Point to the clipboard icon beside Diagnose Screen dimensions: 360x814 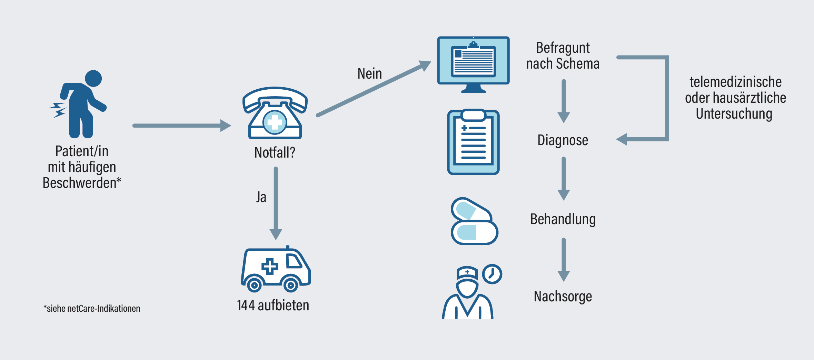tap(473, 142)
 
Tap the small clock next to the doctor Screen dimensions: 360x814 tap(492, 274)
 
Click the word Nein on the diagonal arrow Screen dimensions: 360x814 tap(370, 73)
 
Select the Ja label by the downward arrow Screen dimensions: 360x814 tap(261, 197)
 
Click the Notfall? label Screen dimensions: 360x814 tap(275, 152)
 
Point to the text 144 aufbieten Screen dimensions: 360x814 tap(273, 306)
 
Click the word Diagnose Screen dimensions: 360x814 tap(563, 140)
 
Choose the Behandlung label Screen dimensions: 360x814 tap(563, 219)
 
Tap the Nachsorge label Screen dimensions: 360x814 tap(563, 297)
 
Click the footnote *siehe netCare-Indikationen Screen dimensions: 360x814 tap(92, 309)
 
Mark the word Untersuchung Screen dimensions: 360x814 tap(734, 114)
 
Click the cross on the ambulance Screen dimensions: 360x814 tap(270, 266)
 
